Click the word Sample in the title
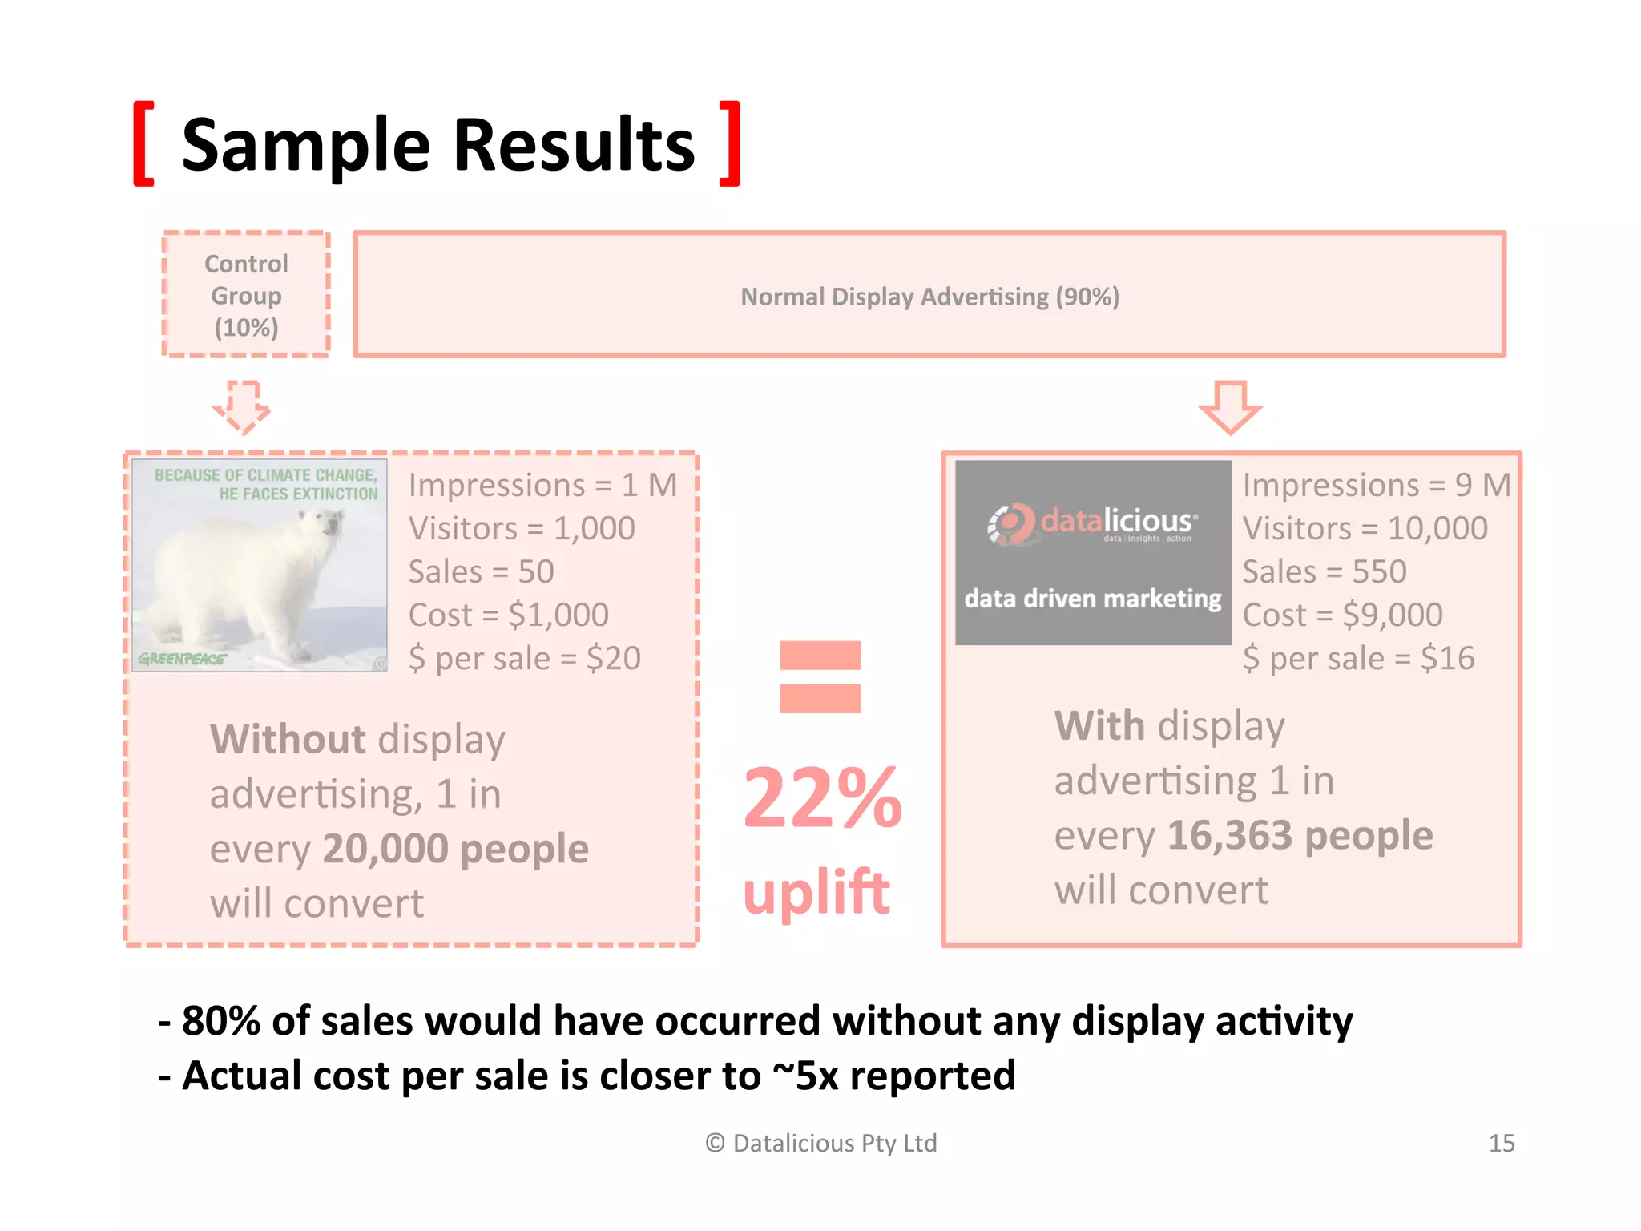[x=306, y=146]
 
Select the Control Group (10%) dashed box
[x=246, y=295]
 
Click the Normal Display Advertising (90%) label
[x=929, y=297]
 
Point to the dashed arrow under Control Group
[x=241, y=407]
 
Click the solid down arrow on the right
[x=1230, y=407]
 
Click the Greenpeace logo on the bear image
[x=182, y=659]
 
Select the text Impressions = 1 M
[x=542, y=485]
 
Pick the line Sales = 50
[x=481, y=571]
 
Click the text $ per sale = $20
[x=524, y=658]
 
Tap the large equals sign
[x=820, y=676]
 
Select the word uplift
[x=816, y=891]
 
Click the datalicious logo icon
[x=1011, y=524]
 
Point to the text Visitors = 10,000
[x=1365, y=528]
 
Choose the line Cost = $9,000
[x=1342, y=615]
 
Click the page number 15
[x=1501, y=1143]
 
